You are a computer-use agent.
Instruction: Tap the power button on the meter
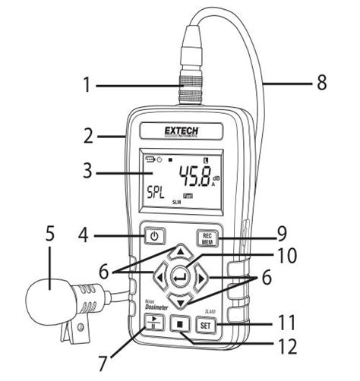tap(154, 236)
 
